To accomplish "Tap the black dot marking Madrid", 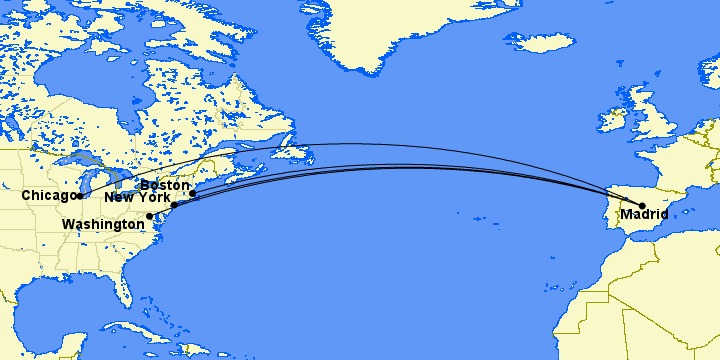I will point(642,206).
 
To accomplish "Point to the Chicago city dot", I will point(81,195).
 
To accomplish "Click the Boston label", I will point(165,185).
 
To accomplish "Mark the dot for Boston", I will point(192,193).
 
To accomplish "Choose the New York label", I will point(138,199).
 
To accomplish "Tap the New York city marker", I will point(174,205).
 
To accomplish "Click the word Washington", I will point(103,225).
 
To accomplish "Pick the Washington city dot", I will point(150,216).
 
